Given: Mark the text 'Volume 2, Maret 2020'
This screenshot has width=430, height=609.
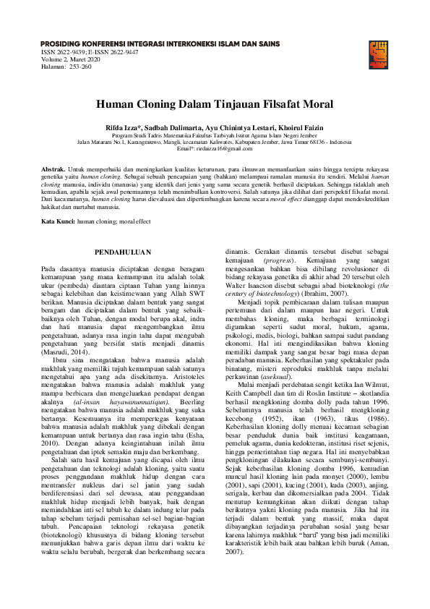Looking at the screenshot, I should (x=73, y=59).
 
